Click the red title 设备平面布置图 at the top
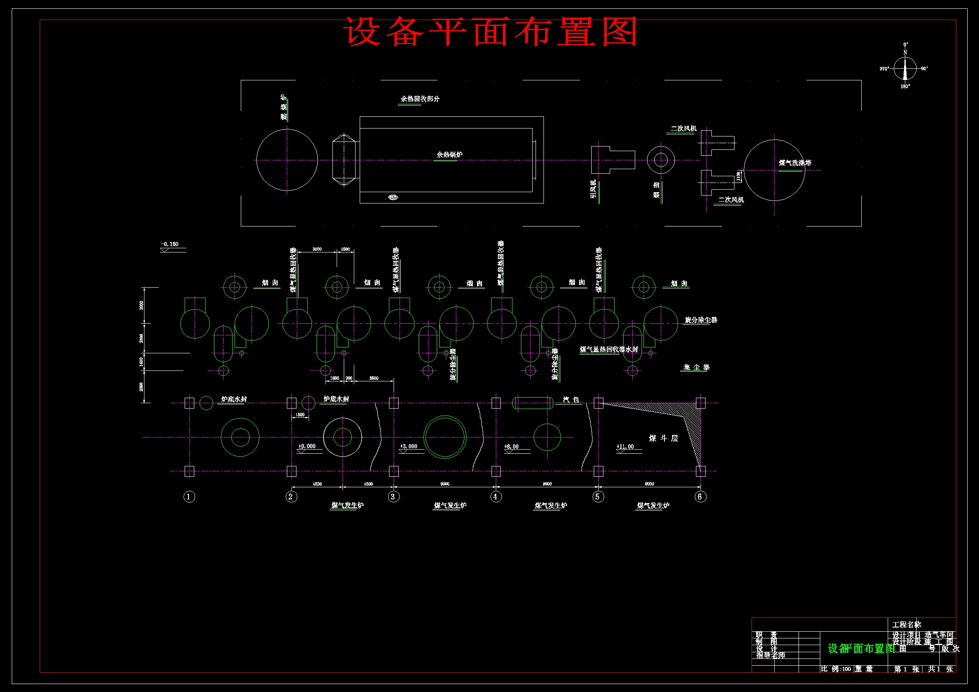click(490, 31)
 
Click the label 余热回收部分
click(420, 98)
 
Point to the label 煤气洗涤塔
click(795, 163)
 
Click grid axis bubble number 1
click(189, 497)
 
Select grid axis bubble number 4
click(495, 497)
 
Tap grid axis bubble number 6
click(700, 497)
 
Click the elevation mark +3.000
click(409, 446)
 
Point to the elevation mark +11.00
click(625, 447)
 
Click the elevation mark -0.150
click(170, 244)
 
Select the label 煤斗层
click(663, 438)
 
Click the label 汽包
click(571, 399)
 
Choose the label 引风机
click(593, 189)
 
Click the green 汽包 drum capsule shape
click(533, 403)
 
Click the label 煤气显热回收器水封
click(609, 349)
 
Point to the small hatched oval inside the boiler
click(393, 197)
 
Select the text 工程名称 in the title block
click(907, 625)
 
